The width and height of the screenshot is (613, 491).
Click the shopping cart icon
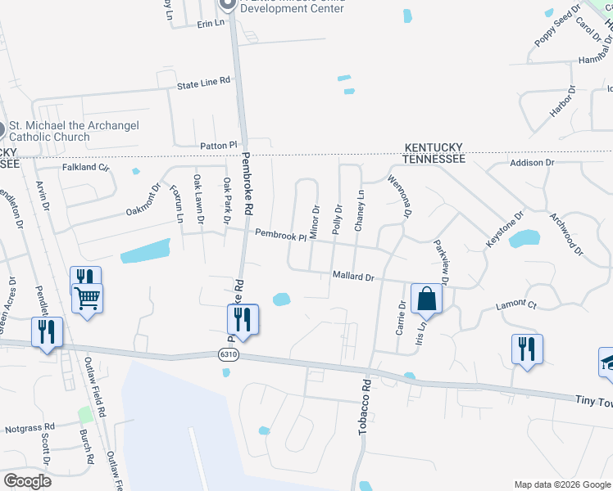pos(87,298)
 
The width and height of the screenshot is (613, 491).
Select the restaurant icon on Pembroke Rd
pos(243,318)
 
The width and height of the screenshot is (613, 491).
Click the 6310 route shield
pos(229,354)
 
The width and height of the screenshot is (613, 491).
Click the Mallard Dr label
pos(352,277)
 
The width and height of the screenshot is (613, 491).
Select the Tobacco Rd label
pos(366,407)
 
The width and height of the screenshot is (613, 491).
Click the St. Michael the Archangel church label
pos(72,131)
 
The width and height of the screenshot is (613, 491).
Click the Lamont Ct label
pos(515,305)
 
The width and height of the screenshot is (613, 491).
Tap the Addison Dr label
pos(532,163)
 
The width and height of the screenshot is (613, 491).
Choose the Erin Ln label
pos(211,24)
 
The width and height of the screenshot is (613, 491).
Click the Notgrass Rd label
pos(29,427)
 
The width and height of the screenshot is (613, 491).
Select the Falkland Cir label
pos(86,167)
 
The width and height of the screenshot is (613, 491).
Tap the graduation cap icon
pos(607,361)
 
